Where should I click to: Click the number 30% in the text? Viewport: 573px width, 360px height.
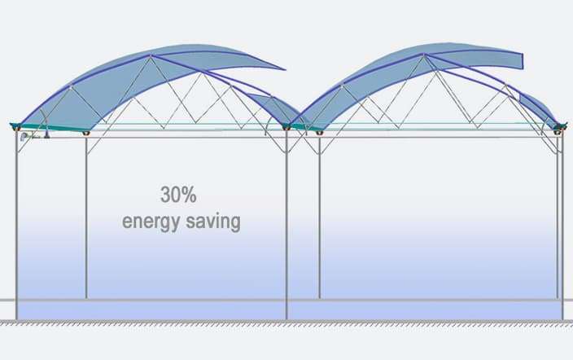pyautogui.click(x=178, y=195)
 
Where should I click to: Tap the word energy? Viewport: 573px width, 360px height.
pyautogui.click(x=151, y=222)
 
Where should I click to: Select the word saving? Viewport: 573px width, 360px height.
pyautogui.click(x=213, y=222)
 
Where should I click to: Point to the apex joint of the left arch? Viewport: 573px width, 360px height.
pyautogui.click(x=151, y=55)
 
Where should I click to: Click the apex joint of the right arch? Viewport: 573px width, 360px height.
pyautogui.click(x=424, y=55)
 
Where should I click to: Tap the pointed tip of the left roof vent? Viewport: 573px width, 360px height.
pyautogui.click(x=284, y=68)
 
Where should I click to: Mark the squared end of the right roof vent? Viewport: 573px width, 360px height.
pyautogui.click(x=523, y=61)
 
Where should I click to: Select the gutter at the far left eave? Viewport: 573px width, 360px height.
pyautogui.click(x=15, y=126)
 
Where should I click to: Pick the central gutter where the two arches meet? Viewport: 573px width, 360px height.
pyautogui.click(x=286, y=127)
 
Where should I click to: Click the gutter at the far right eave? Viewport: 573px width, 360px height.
pyautogui.click(x=559, y=127)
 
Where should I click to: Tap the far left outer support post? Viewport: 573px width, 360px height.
pyautogui.click(x=16, y=225)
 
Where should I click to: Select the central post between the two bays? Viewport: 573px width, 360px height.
pyautogui.click(x=286, y=225)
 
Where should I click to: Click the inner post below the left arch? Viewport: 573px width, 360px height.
pyautogui.click(x=86, y=217)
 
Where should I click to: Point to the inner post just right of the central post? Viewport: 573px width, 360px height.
pyautogui.click(x=319, y=217)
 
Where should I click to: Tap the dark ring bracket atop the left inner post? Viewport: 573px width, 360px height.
pyautogui.click(x=86, y=133)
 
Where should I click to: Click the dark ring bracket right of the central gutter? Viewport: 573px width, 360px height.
pyautogui.click(x=319, y=133)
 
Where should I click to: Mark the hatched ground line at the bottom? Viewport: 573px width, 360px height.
pyautogui.click(x=286, y=323)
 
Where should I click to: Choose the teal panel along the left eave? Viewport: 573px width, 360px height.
pyautogui.click(x=51, y=127)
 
